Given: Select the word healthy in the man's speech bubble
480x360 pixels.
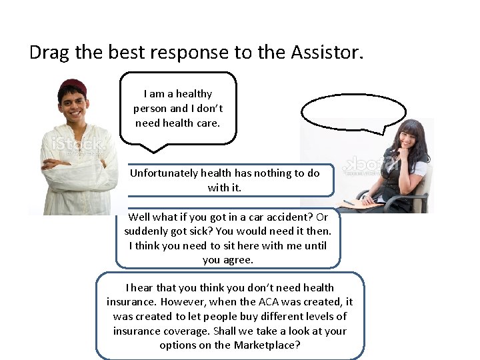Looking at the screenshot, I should (x=194, y=94).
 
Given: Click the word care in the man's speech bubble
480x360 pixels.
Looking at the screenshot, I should (x=205, y=123).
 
